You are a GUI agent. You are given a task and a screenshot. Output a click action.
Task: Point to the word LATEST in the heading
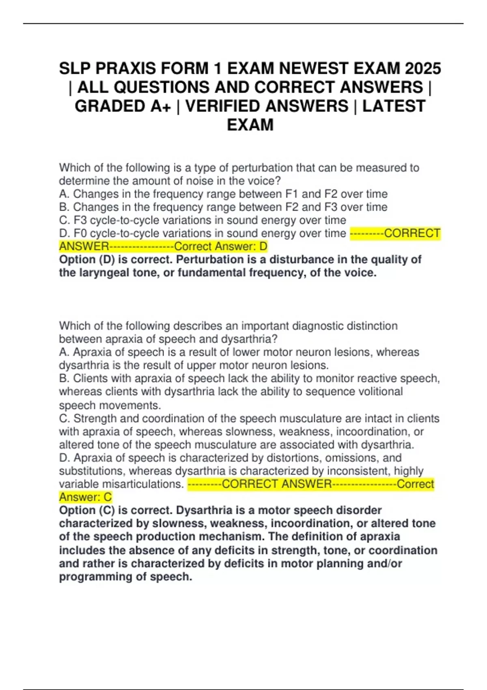[394, 106]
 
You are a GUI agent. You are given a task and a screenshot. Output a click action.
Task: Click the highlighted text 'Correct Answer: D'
[221, 246]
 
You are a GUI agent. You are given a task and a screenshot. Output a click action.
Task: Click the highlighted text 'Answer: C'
[85, 497]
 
